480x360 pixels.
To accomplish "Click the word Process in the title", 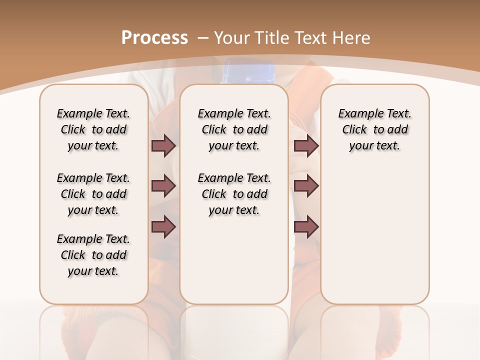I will (154, 37).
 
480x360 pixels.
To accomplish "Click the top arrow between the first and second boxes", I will (163, 145).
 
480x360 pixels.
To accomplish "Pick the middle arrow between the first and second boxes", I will (163, 186).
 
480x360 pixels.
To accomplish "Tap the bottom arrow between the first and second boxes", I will (163, 227).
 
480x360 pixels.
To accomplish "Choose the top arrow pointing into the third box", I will (306, 145).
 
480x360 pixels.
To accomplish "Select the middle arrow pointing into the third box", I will (306, 186).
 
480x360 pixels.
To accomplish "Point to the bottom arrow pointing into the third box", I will (306, 227).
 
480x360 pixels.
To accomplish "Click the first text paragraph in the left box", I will (93, 129).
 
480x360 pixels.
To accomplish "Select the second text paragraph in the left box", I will (93, 194).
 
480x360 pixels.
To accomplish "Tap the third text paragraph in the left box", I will (93, 255).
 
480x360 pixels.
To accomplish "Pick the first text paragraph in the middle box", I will (234, 129).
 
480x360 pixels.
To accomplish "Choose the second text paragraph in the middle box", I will (234, 194).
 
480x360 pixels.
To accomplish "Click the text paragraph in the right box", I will (374, 129).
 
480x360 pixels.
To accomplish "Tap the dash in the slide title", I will (203, 37).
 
